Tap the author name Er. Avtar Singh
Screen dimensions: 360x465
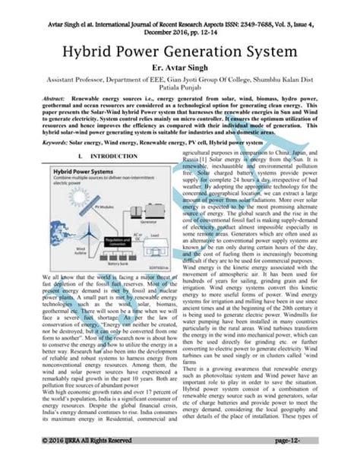[179, 68]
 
